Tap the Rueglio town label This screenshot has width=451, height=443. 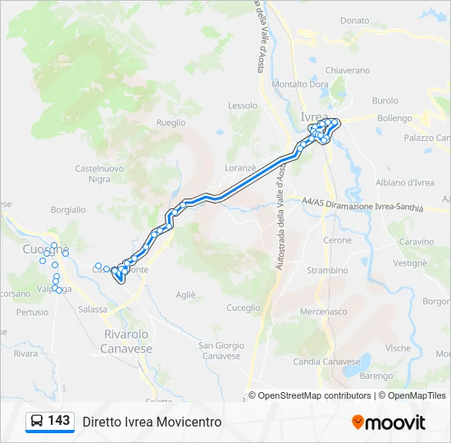171,122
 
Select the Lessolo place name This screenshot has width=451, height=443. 243,106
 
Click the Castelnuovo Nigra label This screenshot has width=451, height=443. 98,173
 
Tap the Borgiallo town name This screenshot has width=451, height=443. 68,210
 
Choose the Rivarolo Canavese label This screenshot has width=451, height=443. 127,341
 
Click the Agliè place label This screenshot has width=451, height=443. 186,295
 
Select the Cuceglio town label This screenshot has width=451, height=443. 243,308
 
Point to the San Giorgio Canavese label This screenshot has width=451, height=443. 221,350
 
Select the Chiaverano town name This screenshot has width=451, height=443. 348,71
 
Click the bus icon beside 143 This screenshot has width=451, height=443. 38,421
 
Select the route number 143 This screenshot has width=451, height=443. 59,420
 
